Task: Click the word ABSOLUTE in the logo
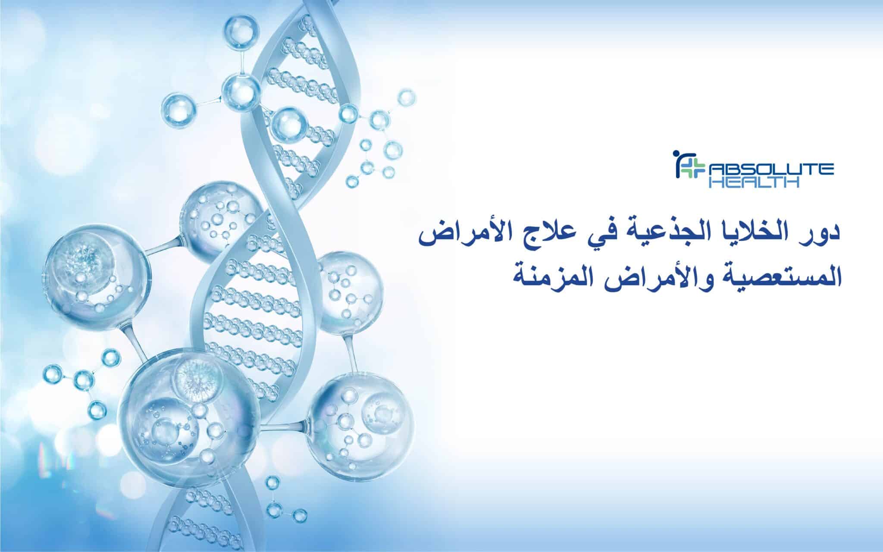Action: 771,170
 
